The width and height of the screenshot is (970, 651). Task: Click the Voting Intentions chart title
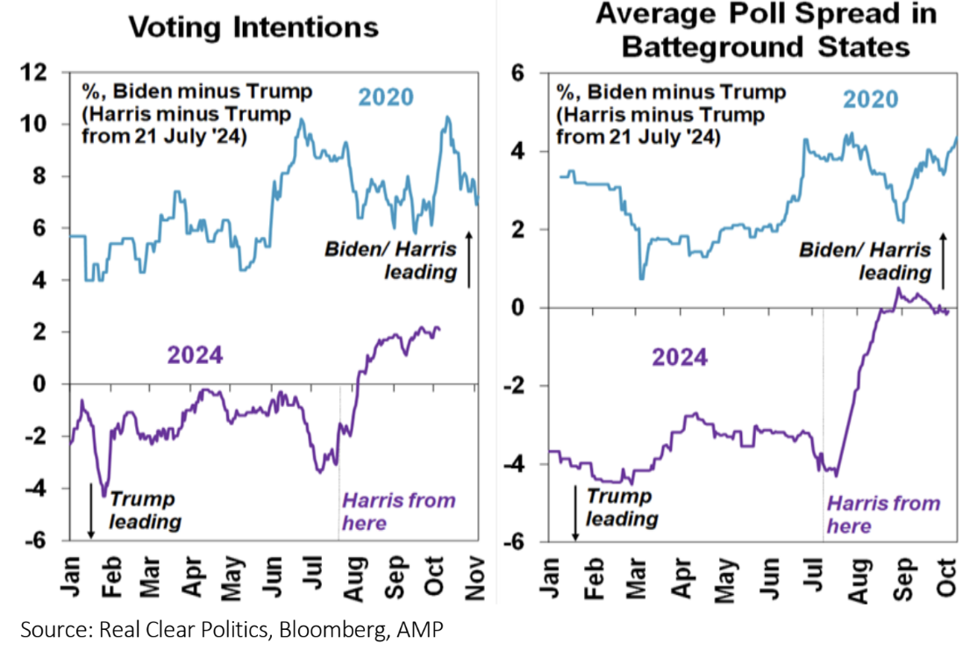(253, 26)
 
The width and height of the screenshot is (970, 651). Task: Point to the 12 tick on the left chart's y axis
(43, 73)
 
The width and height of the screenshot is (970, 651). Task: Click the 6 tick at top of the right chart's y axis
(517, 74)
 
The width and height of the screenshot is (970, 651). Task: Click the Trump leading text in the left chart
(146, 511)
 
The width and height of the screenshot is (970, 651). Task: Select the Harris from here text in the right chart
(882, 514)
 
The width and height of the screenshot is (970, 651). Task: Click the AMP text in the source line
(427, 628)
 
